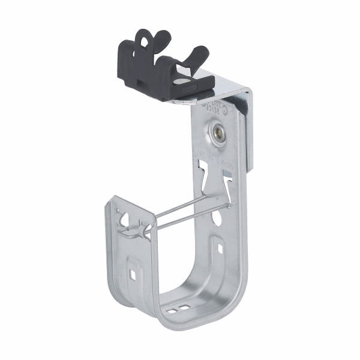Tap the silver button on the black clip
[x=182, y=79]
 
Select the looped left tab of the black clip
[x=143, y=43]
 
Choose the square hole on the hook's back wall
[x=220, y=247]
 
